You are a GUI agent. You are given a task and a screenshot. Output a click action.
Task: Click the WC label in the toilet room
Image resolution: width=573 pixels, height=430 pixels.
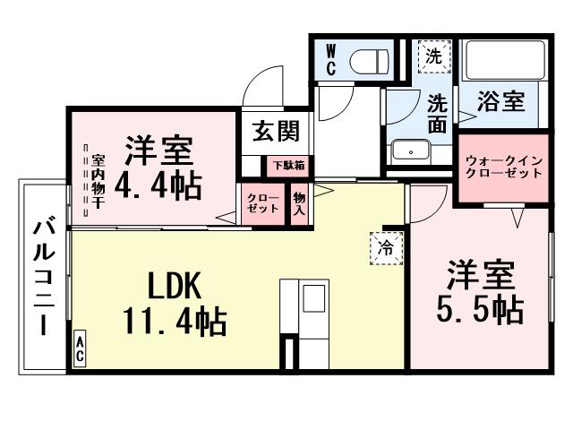click(x=329, y=60)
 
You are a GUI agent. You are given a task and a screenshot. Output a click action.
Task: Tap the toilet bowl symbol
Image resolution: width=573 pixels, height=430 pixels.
click(x=369, y=61)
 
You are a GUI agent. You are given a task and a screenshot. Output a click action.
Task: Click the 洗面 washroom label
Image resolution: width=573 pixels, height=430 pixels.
click(x=437, y=114)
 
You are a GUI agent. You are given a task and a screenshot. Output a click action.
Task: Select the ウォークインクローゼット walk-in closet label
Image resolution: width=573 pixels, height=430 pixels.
click(x=502, y=167)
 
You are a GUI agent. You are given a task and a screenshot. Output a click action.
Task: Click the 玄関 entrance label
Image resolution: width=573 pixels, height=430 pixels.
click(x=275, y=131)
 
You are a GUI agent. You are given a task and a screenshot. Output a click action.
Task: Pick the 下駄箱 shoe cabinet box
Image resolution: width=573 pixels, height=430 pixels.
click(x=288, y=165)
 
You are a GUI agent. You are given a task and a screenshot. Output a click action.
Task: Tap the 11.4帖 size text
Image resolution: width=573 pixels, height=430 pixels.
click(x=175, y=319)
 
